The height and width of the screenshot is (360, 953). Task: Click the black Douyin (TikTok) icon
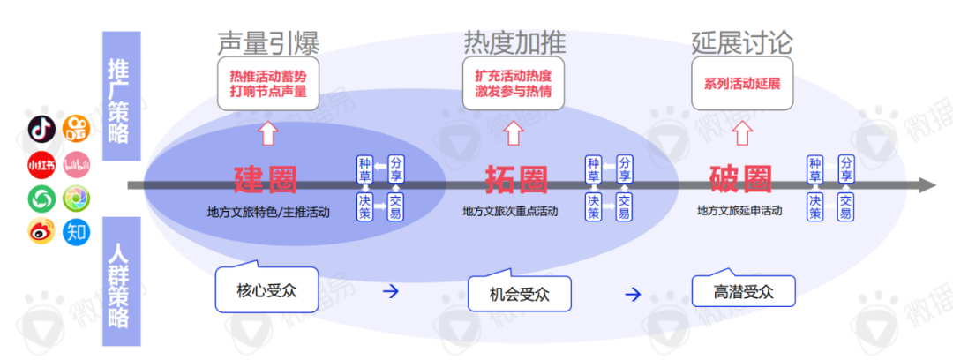point(41,129)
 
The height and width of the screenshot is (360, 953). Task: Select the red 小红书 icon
point(41,164)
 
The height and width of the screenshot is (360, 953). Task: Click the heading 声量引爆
point(268,41)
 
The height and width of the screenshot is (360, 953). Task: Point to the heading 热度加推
point(514,41)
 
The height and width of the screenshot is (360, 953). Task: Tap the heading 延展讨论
point(742,41)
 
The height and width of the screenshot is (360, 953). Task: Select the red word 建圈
point(266,180)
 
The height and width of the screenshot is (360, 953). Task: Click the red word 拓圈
point(516,180)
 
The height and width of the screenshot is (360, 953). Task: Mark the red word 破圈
point(741,180)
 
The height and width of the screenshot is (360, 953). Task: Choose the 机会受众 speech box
point(518,294)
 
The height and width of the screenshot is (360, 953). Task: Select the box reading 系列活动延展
point(742,86)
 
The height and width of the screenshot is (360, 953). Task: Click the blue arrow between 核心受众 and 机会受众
point(390,292)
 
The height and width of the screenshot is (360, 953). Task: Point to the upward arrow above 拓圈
point(513,133)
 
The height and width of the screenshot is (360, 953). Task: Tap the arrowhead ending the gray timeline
point(926,185)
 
